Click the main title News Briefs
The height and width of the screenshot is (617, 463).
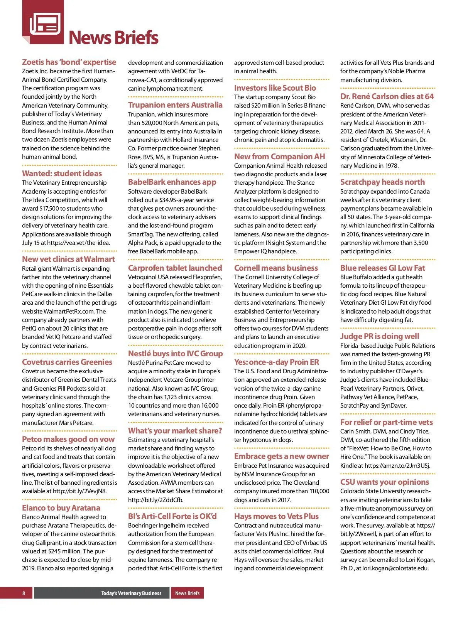pyautogui.click(x=113, y=37)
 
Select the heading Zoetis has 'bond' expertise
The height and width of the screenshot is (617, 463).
pyautogui.click(x=69, y=62)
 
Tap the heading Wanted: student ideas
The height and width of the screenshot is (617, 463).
pyautogui.click(x=62, y=174)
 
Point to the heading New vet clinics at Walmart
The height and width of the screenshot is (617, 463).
pyautogui.click(x=68, y=259)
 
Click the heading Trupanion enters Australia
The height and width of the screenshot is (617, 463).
pyautogui.click(x=175, y=105)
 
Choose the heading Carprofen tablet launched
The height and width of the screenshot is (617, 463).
pyautogui.click(x=175, y=268)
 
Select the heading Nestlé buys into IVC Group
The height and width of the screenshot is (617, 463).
pyautogui.click(x=175, y=354)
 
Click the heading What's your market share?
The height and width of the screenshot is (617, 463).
pyautogui.click(x=175, y=431)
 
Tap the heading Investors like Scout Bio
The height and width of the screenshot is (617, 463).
pyautogui.click(x=275, y=88)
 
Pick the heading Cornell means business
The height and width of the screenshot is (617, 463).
pyautogui.click(x=276, y=268)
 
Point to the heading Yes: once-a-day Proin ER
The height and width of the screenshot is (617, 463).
pyautogui.click(x=276, y=362)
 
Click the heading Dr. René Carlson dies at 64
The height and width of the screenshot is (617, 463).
pyautogui.click(x=387, y=96)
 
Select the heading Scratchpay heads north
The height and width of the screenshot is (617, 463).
pyautogui.click(x=382, y=182)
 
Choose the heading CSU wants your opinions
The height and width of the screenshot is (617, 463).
pyautogui.click(x=384, y=482)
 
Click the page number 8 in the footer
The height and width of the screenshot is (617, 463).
pyautogui.click(x=24, y=593)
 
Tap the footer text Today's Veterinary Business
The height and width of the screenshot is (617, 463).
pyautogui.click(x=131, y=593)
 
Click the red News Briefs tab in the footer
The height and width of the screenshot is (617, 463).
pyautogui.click(x=187, y=593)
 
